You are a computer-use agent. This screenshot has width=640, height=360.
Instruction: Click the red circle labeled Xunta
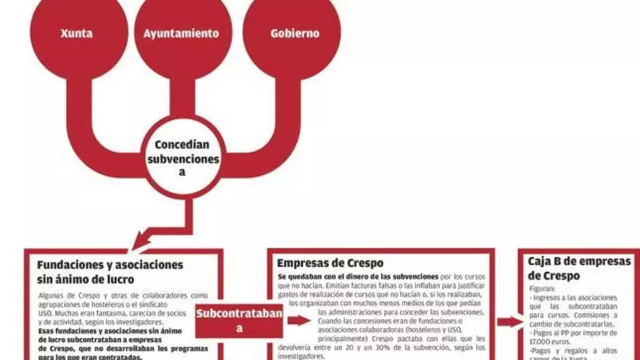tap(76, 33)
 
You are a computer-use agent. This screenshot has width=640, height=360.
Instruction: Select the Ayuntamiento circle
tap(181, 33)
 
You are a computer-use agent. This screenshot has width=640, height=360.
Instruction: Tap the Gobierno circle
tap(295, 33)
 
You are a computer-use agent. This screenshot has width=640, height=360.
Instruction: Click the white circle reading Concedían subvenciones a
tap(182, 157)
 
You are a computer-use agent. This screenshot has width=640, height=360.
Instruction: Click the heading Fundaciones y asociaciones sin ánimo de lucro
tap(110, 272)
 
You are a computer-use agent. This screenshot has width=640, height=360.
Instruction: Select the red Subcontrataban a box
tap(239, 320)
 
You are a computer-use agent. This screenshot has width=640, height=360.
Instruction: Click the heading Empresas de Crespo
tap(330, 263)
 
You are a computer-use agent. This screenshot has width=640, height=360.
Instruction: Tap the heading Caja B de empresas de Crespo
tap(579, 268)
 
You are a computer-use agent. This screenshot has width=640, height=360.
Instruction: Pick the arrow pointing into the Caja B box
tap(510, 321)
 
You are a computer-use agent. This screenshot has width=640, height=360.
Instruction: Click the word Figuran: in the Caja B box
tap(543, 288)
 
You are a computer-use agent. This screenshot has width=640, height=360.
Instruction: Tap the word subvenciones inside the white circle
tap(183, 158)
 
